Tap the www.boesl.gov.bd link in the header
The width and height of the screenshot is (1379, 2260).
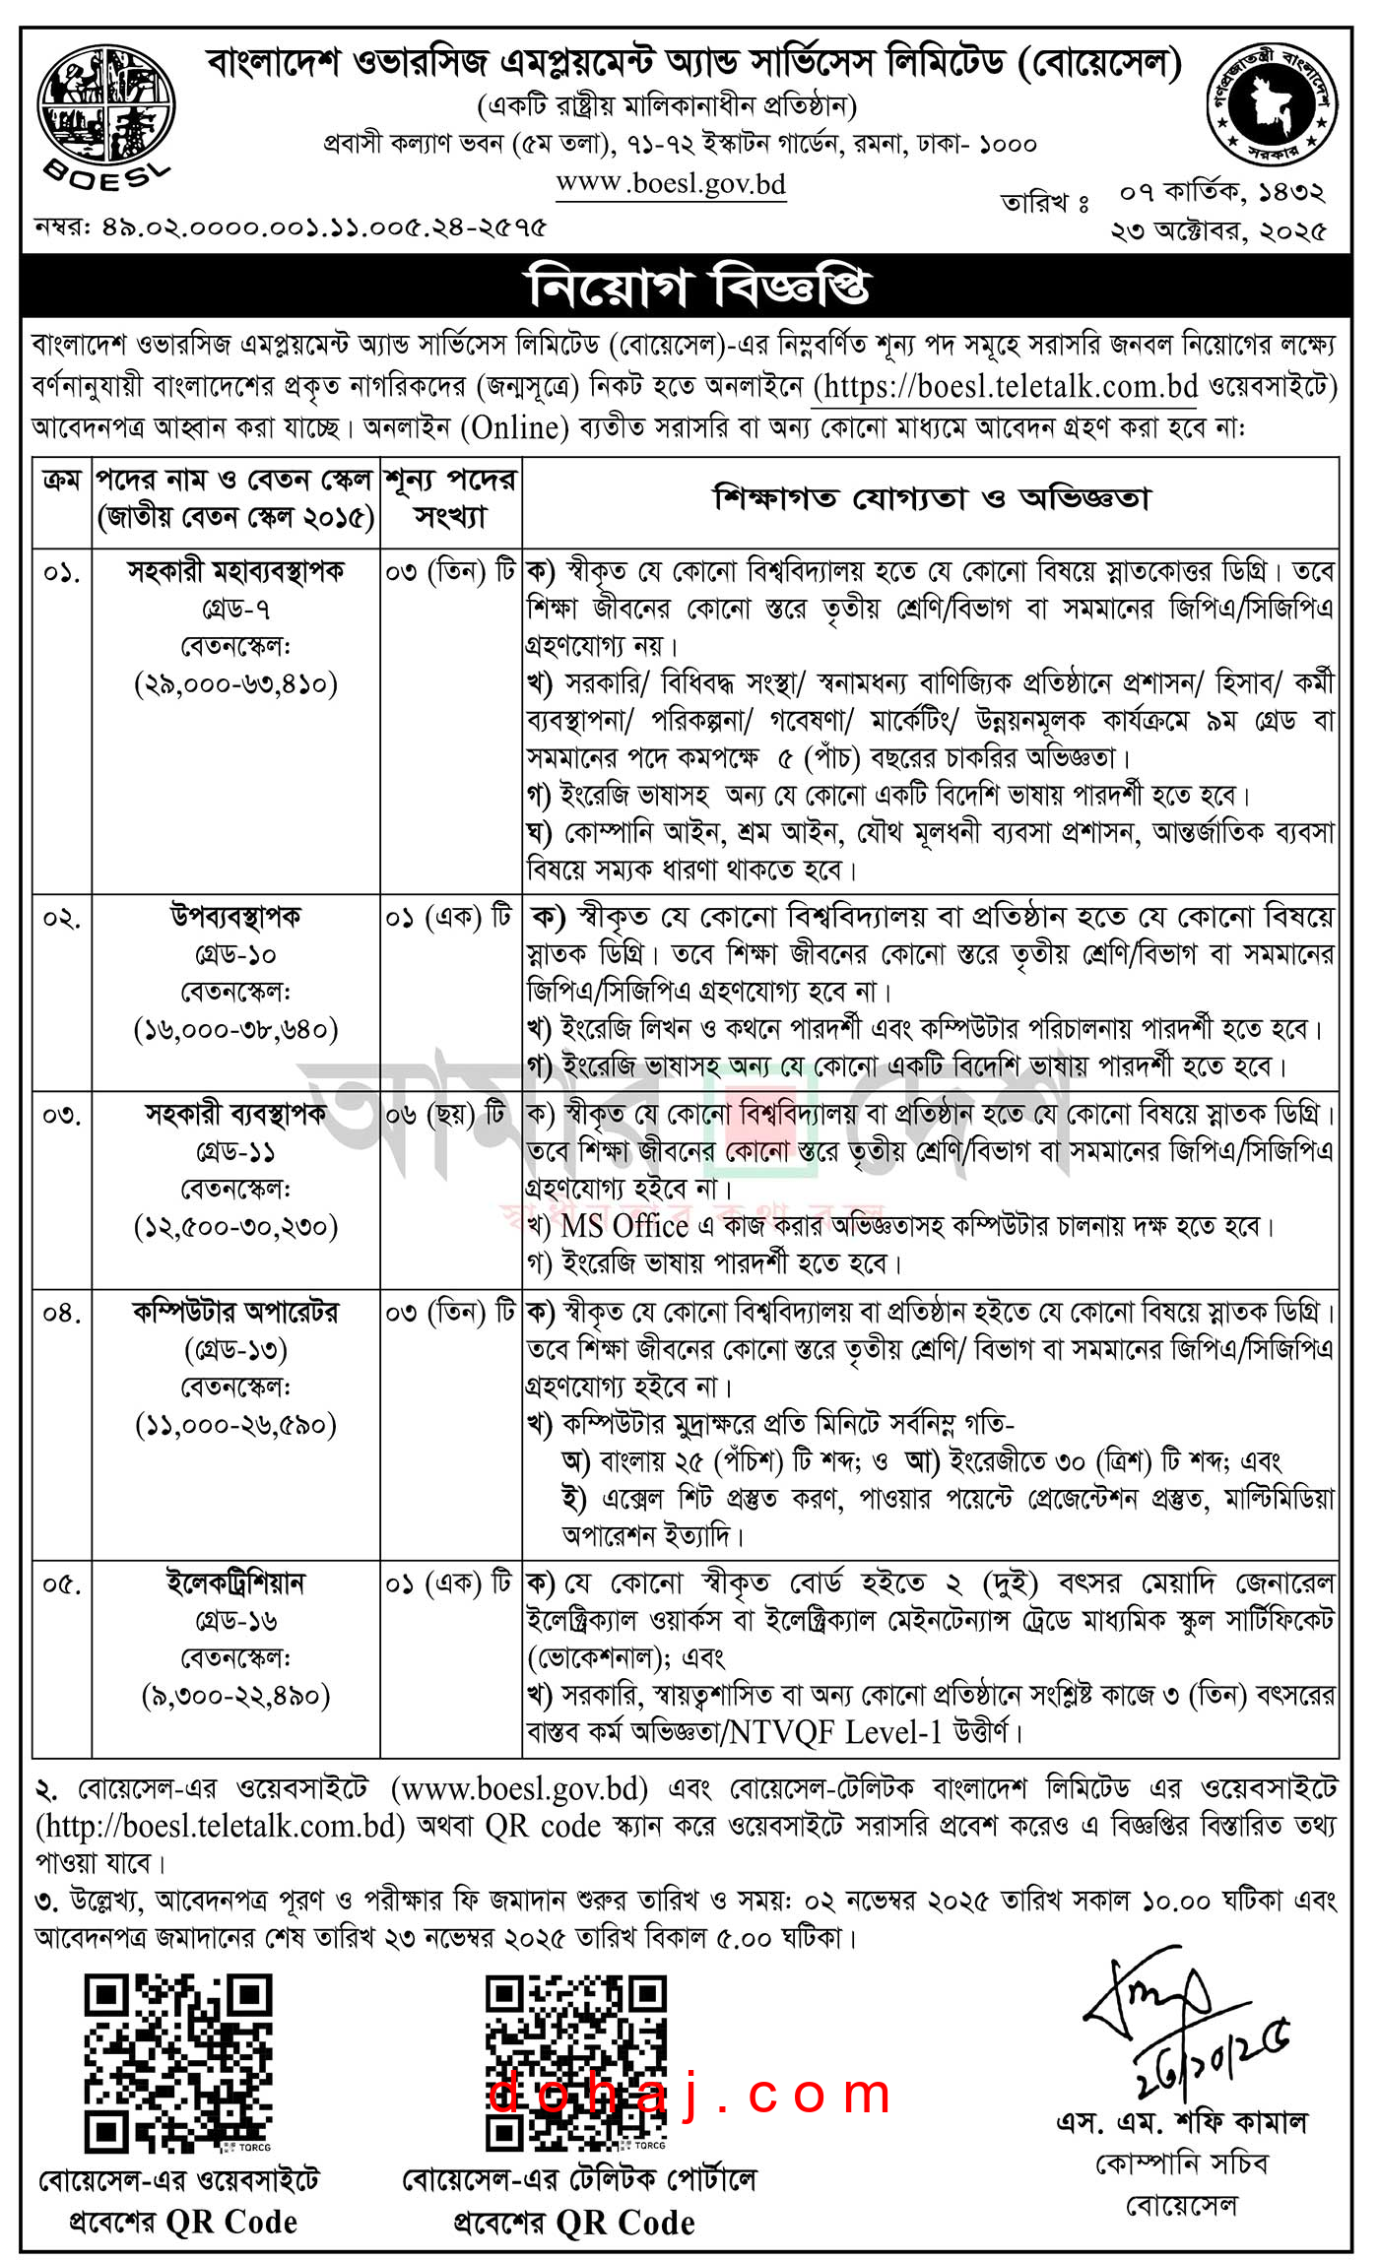click(x=671, y=183)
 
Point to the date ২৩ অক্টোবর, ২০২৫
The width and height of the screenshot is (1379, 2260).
click(x=1218, y=231)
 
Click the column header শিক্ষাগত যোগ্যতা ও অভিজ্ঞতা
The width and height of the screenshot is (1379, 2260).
click(x=931, y=499)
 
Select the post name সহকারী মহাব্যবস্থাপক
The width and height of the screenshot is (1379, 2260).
click(x=235, y=571)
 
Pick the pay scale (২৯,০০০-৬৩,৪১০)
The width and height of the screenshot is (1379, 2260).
click(x=235, y=683)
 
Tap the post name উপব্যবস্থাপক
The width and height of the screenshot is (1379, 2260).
click(x=235, y=917)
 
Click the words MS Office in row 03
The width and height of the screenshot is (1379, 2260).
click(x=624, y=1226)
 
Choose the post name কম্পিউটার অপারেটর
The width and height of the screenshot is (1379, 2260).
click(x=235, y=1313)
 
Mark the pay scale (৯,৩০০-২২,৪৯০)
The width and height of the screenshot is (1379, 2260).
click(x=235, y=1695)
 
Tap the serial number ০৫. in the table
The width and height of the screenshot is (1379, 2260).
click(x=61, y=1583)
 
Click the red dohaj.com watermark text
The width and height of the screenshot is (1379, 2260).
click(x=689, y=2094)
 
